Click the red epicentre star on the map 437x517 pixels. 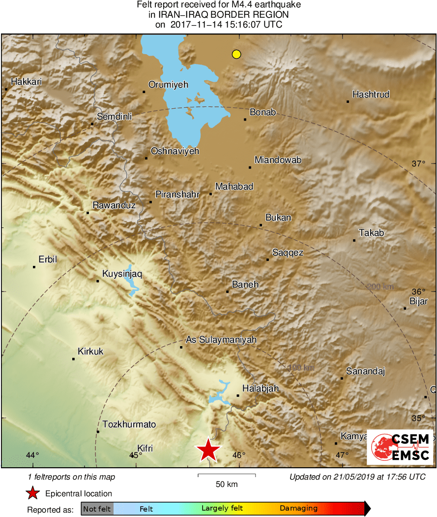tap(208, 450)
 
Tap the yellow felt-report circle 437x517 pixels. tap(236, 54)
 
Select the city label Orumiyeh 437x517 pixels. tap(168, 85)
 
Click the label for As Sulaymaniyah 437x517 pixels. tap(221, 340)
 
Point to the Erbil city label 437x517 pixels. tap(48, 259)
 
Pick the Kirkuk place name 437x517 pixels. tap(90, 352)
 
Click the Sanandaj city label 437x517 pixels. tap(365, 371)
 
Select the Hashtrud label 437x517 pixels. tap(371, 94)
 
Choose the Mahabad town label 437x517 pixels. tap(234, 187)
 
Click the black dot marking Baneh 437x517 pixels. tap(227, 292)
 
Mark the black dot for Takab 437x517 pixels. tap(354, 240)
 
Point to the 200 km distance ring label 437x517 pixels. tap(380, 287)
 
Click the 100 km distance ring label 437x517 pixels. tap(301, 367)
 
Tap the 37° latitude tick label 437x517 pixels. tap(418, 164)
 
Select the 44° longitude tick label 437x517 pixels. tap(32, 455)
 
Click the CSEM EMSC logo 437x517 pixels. tap(400, 447)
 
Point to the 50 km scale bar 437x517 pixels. tap(227, 475)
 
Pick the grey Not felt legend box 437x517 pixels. tap(97, 509)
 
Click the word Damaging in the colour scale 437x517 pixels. tap(299, 509)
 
